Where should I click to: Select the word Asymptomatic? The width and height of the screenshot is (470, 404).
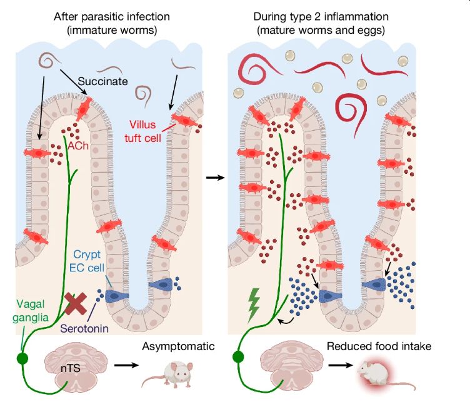[x=178, y=346]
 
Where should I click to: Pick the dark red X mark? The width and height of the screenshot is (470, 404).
[x=77, y=305]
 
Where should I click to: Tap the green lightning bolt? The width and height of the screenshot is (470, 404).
[x=254, y=303]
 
